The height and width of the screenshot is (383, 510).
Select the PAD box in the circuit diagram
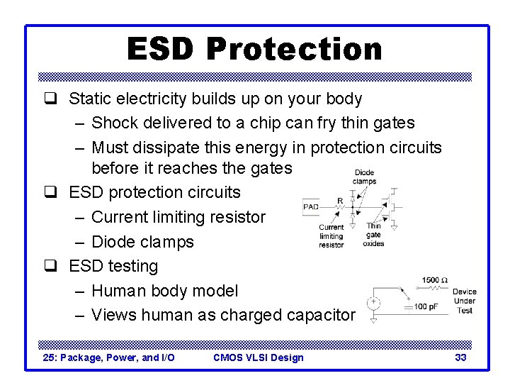tap(311, 207)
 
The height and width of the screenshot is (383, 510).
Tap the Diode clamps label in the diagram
tap(364, 177)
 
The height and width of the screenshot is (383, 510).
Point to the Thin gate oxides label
tap(373, 235)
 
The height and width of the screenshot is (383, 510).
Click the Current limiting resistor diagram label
tap(331, 236)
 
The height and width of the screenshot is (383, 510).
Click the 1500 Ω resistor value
tap(435, 281)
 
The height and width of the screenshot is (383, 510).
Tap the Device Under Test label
tap(464, 301)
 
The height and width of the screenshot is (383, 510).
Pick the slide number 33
tap(460, 357)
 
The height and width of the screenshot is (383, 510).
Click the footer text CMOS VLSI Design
tap(258, 357)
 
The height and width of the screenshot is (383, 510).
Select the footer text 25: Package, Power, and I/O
tap(109, 357)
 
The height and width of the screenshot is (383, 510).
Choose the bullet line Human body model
tap(165, 291)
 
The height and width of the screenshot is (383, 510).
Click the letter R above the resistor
tap(340, 201)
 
